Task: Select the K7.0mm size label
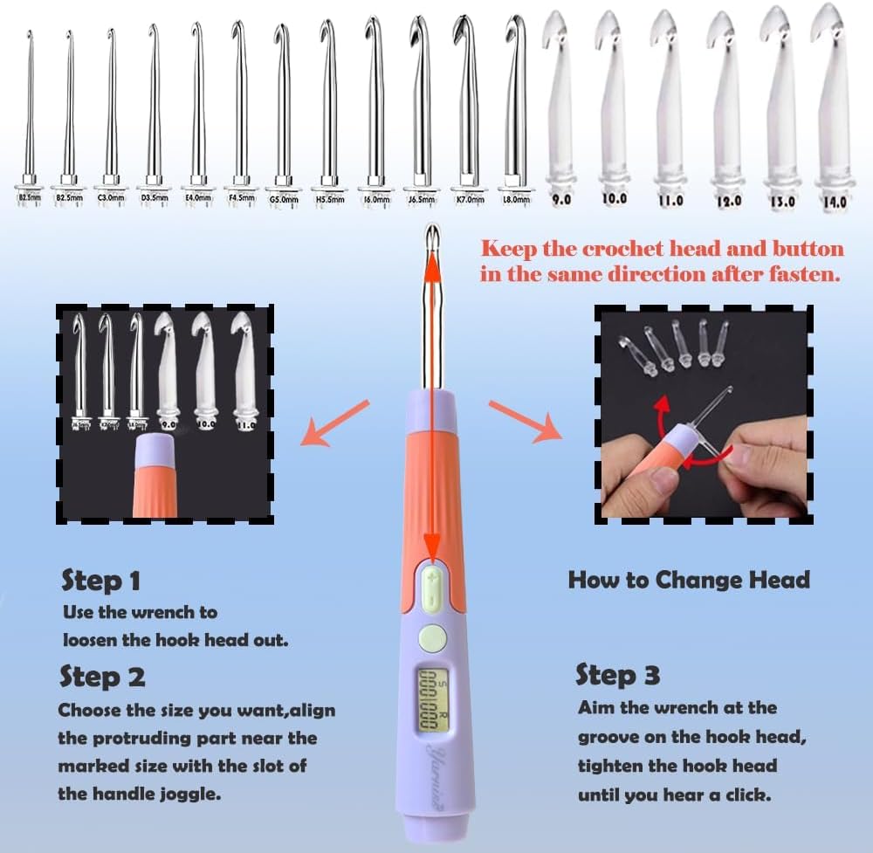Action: pyautogui.click(x=468, y=199)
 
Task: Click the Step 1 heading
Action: pyautogui.click(x=101, y=581)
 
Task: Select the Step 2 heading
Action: pyautogui.click(x=103, y=677)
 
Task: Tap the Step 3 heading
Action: pyautogui.click(x=617, y=675)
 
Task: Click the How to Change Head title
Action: pyautogui.click(x=689, y=580)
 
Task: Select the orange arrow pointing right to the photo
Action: pyautogui.click(x=524, y=419)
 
